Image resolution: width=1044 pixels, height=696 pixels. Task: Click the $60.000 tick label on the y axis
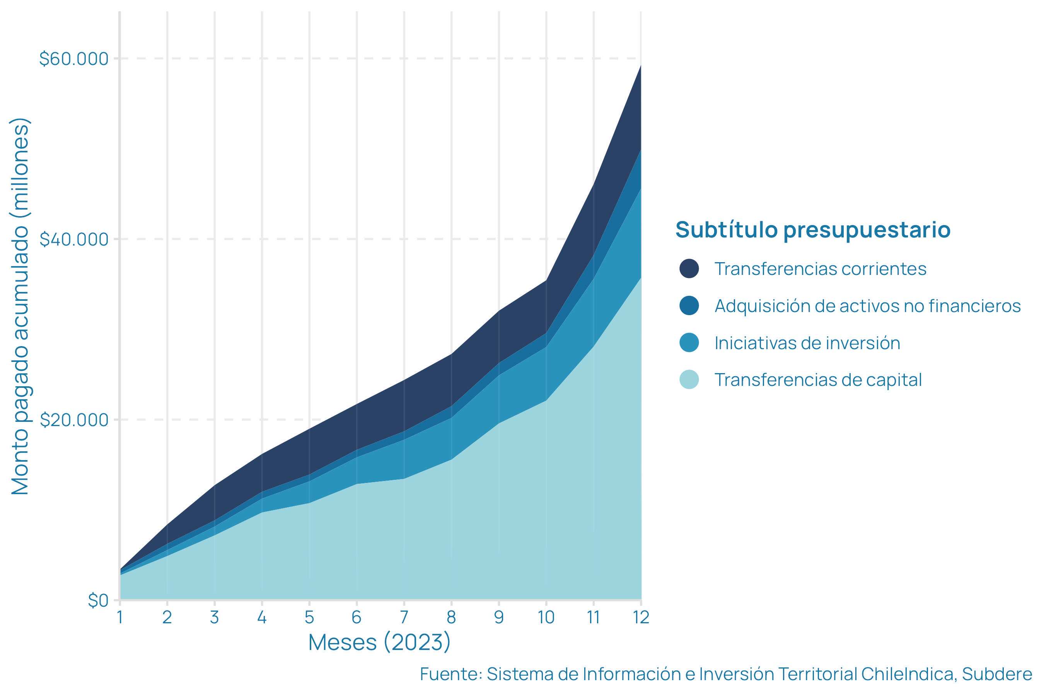tap(74, 59)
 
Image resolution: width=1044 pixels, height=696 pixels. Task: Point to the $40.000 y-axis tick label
tap(74, 239)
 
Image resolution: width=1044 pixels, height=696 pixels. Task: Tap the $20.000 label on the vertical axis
tap(74, 420)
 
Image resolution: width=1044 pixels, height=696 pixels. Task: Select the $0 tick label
tap(98, 600)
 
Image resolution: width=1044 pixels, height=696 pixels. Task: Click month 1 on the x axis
tap(120, 618)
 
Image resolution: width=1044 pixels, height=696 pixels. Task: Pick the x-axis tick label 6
tap(357, 618)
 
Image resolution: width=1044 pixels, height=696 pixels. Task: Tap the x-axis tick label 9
tap(499, 618)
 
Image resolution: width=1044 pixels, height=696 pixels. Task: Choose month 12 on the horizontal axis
tap(641, 618)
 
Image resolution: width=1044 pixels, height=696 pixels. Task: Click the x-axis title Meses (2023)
tap(380, 642)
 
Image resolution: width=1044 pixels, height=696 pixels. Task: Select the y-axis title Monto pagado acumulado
tap(20, 306)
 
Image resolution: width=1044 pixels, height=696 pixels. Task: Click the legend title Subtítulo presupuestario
tap(813, 230)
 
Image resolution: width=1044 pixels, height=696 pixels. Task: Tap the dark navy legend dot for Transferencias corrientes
tap(689, 269)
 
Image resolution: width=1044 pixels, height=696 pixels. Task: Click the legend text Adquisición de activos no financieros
tap(867, 306)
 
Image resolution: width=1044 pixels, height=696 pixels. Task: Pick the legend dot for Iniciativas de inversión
tap(689, 343)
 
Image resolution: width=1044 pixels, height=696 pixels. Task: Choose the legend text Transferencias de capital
tap(818, 380)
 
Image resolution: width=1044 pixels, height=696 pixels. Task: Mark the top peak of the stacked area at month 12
tap(641, 66)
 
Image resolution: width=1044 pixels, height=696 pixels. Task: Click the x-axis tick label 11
tap(594, 618)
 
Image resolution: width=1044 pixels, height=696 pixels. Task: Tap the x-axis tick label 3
tap(214, 618)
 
